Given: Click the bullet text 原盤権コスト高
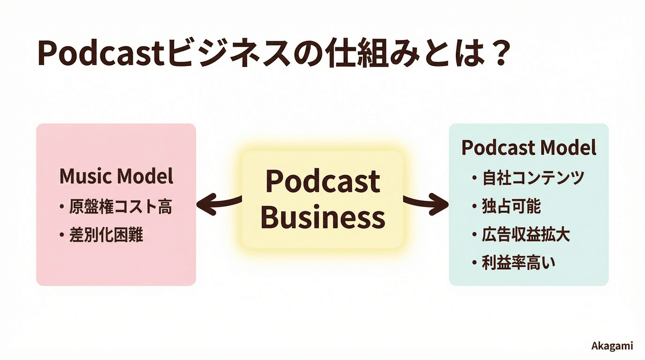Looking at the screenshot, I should point(120,207).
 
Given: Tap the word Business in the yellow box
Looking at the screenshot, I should point(326,218).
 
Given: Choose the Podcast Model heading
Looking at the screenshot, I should point(529,148).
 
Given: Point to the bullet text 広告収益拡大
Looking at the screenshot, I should point(521,235).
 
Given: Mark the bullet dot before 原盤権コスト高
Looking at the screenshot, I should point(63,207).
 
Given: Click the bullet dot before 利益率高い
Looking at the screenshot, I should point(474,264).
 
